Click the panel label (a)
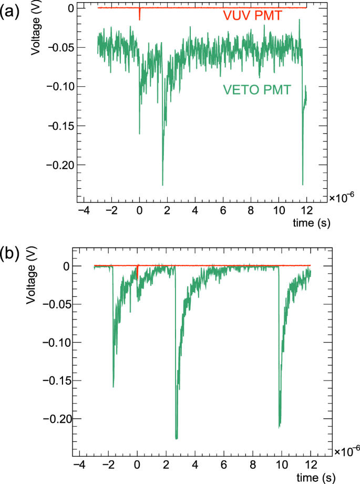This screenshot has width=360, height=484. click(x=11, y=12)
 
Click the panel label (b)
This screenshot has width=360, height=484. click(x=11, y=254)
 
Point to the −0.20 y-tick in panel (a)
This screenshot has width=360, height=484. click(x=57, y=165)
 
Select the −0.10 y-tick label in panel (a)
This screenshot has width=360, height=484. click(x=57, y=87)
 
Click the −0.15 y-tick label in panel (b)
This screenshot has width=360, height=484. click(x=57, y=380)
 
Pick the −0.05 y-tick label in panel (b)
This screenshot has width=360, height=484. click(x=57, y=304)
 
